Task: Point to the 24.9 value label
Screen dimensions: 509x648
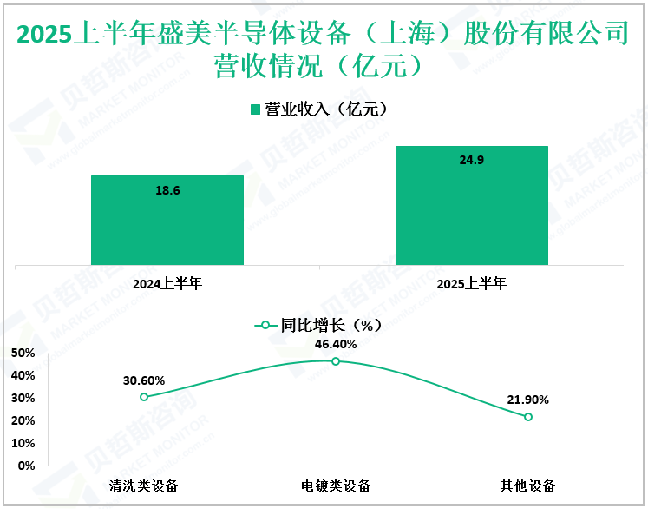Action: click(471, 160)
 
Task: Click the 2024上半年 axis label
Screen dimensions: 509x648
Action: click(167, 283)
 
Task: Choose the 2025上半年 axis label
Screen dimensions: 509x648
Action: click(471, 283)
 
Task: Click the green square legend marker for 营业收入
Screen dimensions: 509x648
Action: click(256, 109)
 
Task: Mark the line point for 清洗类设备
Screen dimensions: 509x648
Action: click(144, 397)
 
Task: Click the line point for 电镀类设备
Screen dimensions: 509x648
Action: click(336, 360)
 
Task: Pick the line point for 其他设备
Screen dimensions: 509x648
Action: click(527, 417)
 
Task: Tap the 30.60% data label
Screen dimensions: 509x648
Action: click(144, 380)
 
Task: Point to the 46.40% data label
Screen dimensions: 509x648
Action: click(336, 344)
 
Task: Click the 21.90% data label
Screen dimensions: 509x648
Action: click(527, 400)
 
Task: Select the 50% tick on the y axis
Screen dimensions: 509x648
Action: click(24, 353)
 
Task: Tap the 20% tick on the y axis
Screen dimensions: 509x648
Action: click(24, 420)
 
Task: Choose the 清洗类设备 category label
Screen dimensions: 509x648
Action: click(144, 485)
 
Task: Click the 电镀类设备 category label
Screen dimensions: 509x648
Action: click(336, 485)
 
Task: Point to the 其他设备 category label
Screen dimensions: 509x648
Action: click(527, 485)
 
